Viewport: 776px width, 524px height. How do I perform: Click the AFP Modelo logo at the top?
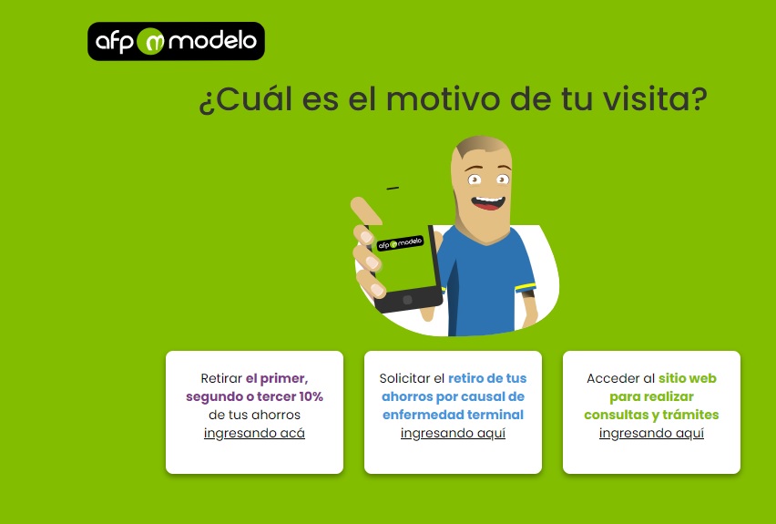(176, 41)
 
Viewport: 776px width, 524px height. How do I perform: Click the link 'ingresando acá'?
(254, 434)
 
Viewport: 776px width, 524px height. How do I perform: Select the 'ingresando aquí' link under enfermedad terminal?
(453, 434)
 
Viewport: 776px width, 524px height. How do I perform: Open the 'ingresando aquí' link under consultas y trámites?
(651, 434)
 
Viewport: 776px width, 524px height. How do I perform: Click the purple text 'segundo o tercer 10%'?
(254, 396)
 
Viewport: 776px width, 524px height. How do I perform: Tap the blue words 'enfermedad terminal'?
(453, 415)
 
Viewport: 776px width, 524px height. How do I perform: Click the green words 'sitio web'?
(688, 378)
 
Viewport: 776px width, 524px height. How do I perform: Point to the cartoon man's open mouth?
(488, 202)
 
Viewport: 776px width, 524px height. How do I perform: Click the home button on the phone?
(407, 300)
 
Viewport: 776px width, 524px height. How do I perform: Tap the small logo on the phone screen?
(400, 243)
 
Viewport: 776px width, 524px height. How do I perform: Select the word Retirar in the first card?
(221, 378)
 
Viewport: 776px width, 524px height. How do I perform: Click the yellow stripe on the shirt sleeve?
(526, 287)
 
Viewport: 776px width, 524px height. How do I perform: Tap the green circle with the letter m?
(150, 42)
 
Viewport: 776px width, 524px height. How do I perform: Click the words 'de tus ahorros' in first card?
(254, 415)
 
